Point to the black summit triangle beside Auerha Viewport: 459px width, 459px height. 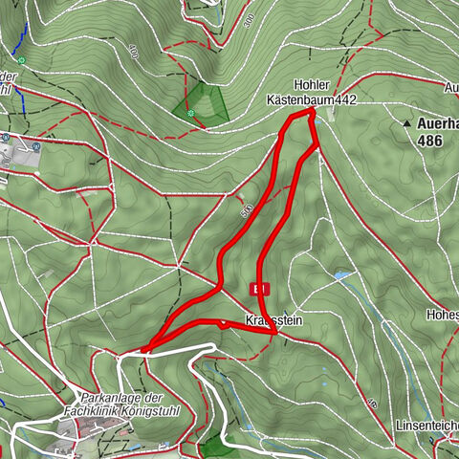coord(406,123)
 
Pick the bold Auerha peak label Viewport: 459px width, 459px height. coord(438,123)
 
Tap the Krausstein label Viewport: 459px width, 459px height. coord(273,320)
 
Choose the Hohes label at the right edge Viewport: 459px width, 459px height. coord(445,314)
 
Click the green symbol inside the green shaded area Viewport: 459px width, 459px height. coord(191,113)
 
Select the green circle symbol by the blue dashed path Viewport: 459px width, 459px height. coord(21,60)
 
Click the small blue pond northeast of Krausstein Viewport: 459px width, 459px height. coord(341,277)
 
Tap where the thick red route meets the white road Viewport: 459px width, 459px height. coord(145,349)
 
